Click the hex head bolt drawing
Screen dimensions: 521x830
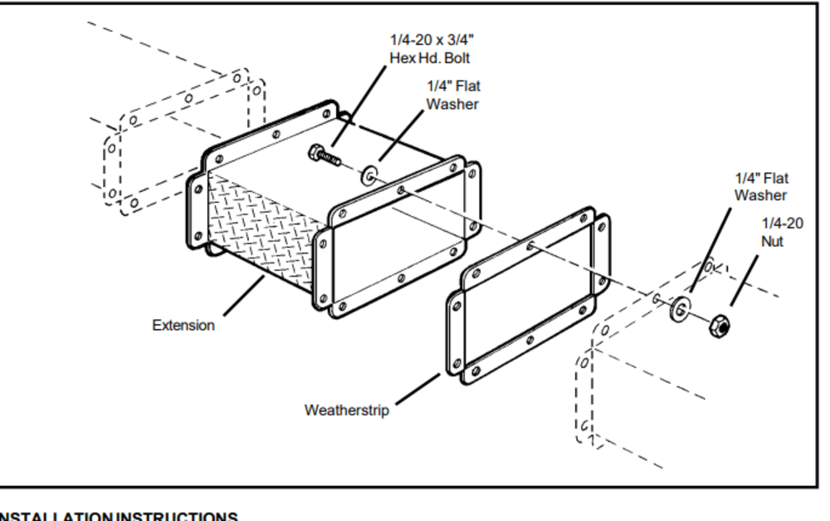coord(326,155)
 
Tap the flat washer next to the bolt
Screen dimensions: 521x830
coord(369,175)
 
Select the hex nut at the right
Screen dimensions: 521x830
coord(720,326)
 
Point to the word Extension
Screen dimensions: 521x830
coord(183,326)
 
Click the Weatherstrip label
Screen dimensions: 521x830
coord(346,410)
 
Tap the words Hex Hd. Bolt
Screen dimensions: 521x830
coord(429,58)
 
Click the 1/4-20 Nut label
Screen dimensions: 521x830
coord(782,232)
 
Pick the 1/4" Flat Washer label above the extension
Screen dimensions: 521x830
coord(453,95)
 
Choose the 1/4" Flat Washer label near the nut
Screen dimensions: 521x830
coord(761,187)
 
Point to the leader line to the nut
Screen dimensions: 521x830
coord(745,280)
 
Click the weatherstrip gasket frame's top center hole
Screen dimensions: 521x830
coord(530,245)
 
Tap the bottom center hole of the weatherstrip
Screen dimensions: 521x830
coord(530,339)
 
